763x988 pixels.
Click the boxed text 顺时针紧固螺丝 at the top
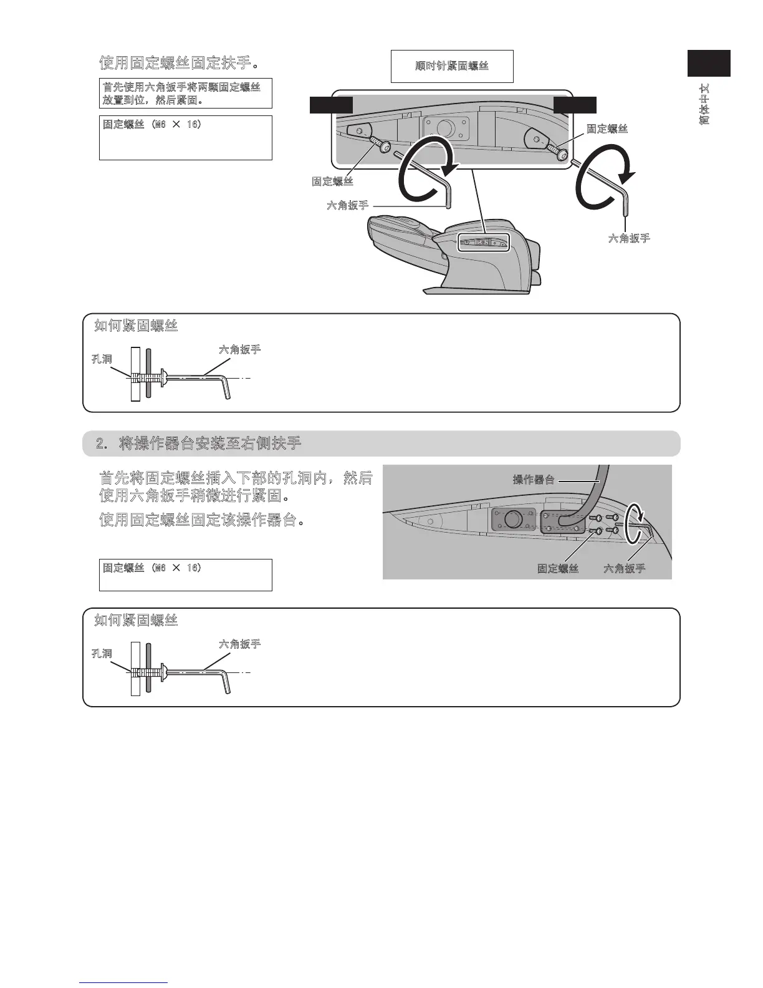pyautogui.click(x=452, y=66)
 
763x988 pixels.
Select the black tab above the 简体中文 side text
pyautogui.click(x=709, y=63)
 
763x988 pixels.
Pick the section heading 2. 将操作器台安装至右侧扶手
pyautogui.click(x=198, y=443)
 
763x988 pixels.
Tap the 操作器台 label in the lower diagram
pyautogui.click(x=534, y=479)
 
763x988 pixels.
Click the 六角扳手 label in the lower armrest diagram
pyautogui.click(x=624, y=568)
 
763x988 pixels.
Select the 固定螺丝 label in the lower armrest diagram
pyautogui.click(x=558, y=568)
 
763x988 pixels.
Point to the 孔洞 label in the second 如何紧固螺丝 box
pyautogui.click(x=102, y=653)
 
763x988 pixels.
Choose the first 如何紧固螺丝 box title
pyautogui.click(x=136, y=326)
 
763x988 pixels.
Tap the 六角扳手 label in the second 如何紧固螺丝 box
pyautogui.click(x=239, y=644)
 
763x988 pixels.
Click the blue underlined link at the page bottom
pyautogui.click(x=124, y=982)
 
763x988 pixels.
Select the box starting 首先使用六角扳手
pyautogui.click(x=185, y=94)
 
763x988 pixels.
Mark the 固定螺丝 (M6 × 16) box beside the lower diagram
pyautogui.click(x=185, y=574)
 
